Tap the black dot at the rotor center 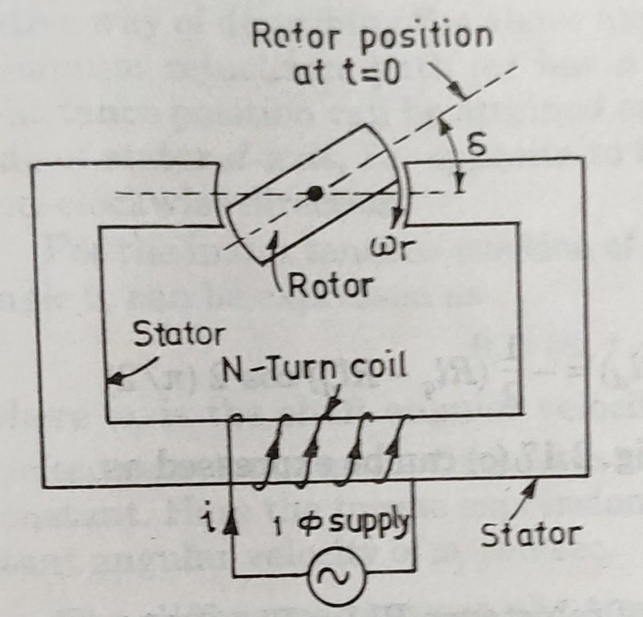pos(314,194)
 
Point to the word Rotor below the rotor pos(331,284)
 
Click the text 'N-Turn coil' pos(314,368)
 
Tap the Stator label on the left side pos(178,335)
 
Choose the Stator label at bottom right pos(530,535)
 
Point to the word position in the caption pos(426,38)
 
